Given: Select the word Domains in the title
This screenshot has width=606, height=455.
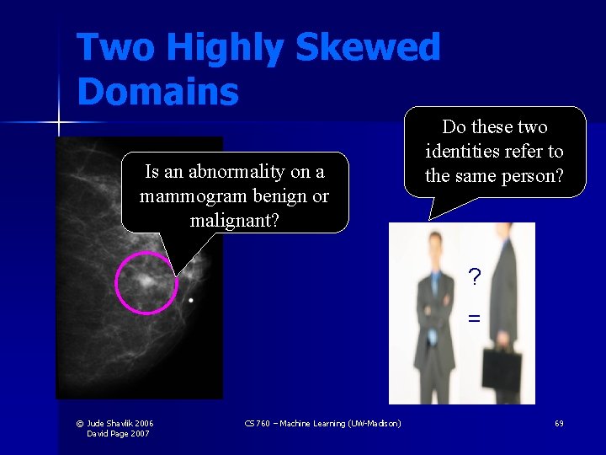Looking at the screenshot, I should pos(157,91).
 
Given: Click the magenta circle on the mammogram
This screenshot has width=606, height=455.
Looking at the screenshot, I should pos(146,282).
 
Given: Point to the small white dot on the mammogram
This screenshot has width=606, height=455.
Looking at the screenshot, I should pos(191,300).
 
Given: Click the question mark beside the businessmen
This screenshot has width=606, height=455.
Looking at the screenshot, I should pos(475,277).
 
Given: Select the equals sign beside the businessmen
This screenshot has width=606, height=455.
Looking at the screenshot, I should pos(475,318).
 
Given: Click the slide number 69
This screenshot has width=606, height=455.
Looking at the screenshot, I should pos(559,423).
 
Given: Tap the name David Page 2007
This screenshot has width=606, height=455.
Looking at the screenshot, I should pos(118,433).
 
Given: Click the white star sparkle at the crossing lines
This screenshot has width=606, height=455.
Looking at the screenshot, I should pos(60,124).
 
